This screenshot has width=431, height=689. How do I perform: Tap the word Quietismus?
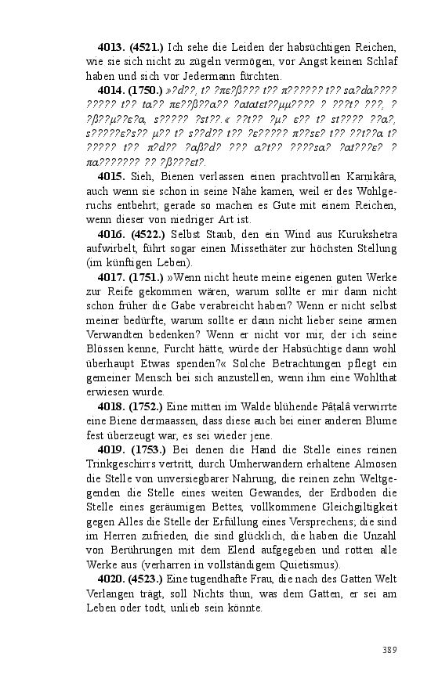tap(302, 565)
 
